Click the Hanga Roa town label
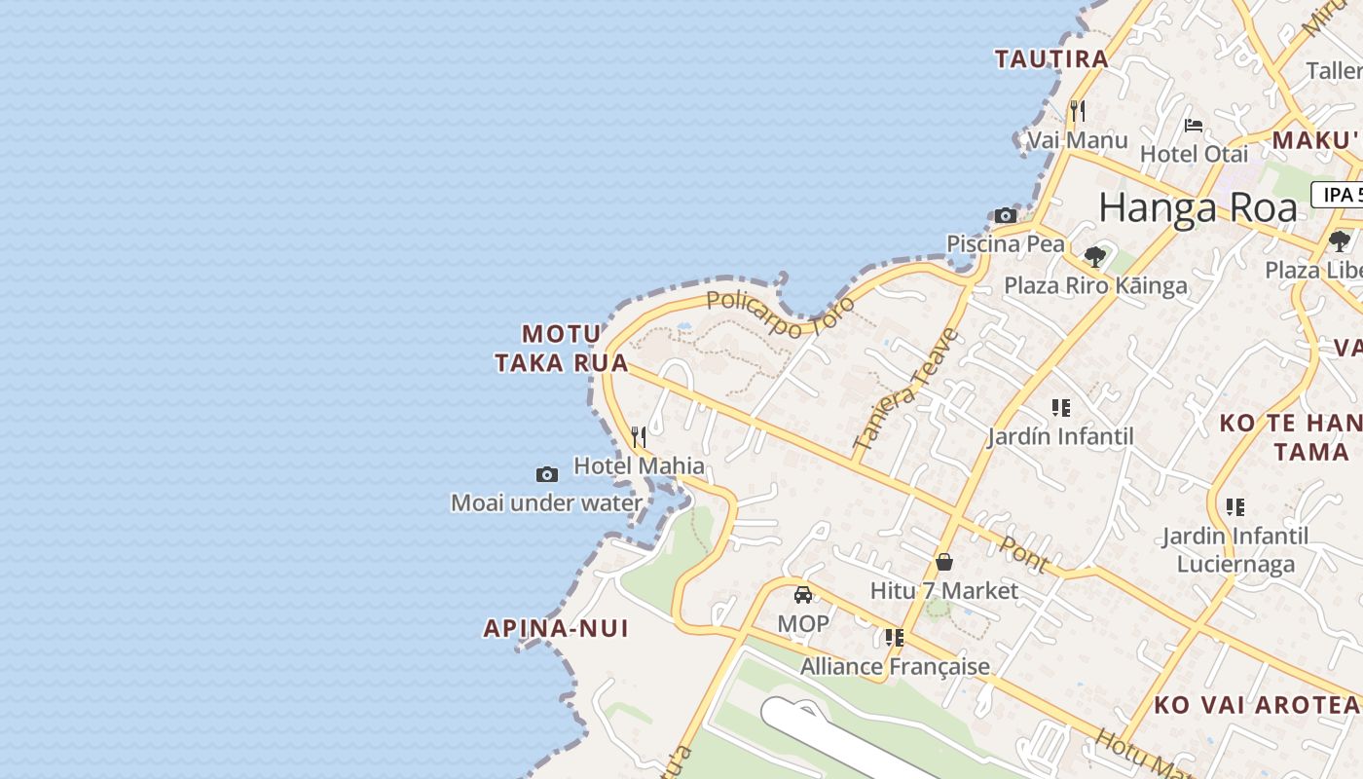pyautogui.click(x=1197, y=208)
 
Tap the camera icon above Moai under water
pyautogui.click(x=547, y=474)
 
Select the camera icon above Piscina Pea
pyautogui.click(x=1006, y=215)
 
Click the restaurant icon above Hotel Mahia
pyautogui.click(x=639, y=436)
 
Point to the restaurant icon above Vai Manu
pyautogui.click(x=1078, y=110)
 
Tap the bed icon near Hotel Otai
pyautogui.click(x=1194, y=125)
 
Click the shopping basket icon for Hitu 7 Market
pyautogui.click(x=943, y=561)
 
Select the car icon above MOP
pyautogui.click(x=803, y=594)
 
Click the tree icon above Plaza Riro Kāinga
pyautogui.click(x=1095, y=257)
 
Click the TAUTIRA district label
pyautogui.click(x=1051, y=59)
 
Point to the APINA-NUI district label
pyautogui.click(x=556, y=628)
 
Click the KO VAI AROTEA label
pyautogui.click(x=1256, y=705)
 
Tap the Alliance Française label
pyautogui.click(x=895, y=666)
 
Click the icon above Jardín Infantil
pyautogui.click(x=1060, y=407)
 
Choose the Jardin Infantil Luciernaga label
pyautogui.click(x=1235, y=549)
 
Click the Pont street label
pyautogui.click(x=1024, y=554)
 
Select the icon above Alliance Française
pyautogui.click(x=894, y=638)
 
